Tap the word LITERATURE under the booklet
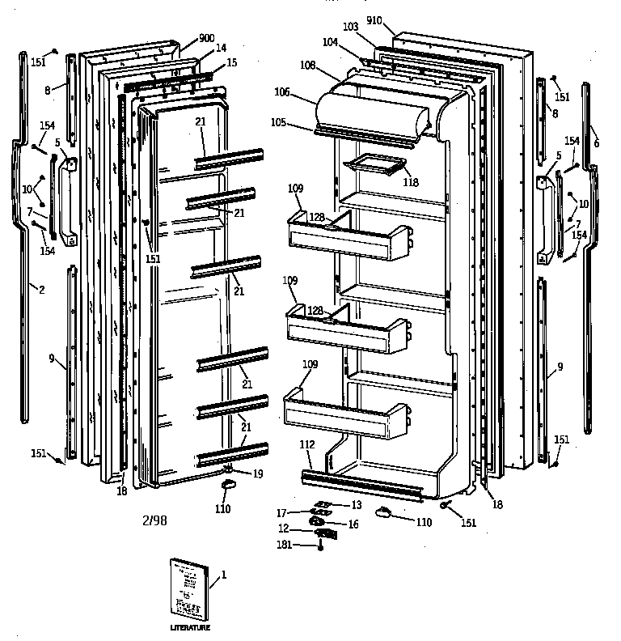189,627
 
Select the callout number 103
350,27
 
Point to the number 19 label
258,473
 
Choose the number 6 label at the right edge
596,142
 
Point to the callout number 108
307,64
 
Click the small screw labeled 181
321,547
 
